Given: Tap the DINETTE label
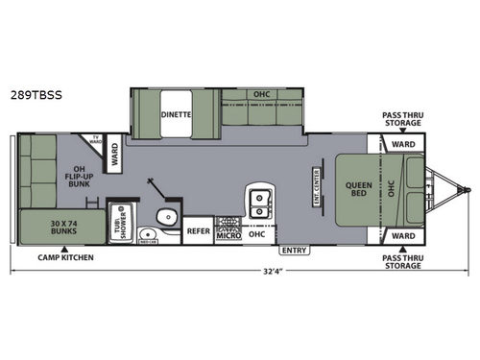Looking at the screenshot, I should [x=176, y=113].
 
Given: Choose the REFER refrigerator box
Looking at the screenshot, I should [x=199, y=231].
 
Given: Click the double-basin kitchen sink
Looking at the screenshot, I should [x=257, y=202].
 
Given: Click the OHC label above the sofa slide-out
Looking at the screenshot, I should [x=261, y=95].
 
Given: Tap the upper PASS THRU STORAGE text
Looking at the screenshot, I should [x=401, y=117].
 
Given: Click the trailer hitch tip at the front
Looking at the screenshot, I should [x=470, y=188].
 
